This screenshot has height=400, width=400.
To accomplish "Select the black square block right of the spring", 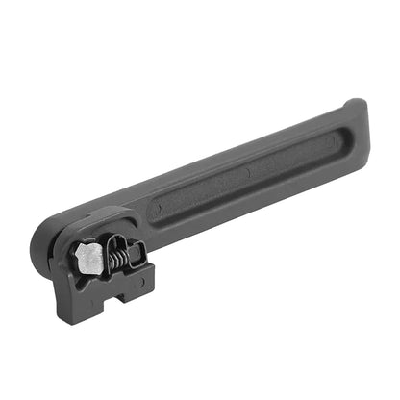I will coord(136,254).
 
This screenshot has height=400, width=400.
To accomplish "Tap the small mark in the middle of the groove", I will coord(246,174).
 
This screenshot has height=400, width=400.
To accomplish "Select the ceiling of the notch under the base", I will coord(121,291).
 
